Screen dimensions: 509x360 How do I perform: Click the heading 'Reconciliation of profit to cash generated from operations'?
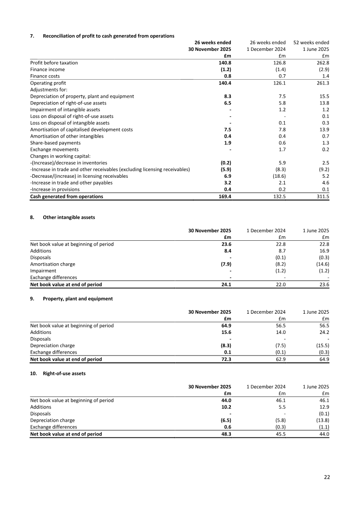click(108, 36)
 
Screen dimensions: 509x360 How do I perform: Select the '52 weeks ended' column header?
click(311, 42)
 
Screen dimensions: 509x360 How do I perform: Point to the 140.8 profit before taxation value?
click(225, 63)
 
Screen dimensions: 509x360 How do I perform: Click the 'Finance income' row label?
click(47, 70)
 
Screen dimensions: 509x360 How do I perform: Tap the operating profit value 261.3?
click(322, 83)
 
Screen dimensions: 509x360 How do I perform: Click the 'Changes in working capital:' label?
click(60, 156)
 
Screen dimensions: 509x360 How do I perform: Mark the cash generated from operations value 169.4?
click(224, 196)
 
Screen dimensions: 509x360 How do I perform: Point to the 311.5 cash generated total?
click(322, 196)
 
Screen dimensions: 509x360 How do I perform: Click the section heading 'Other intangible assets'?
click(69, 217)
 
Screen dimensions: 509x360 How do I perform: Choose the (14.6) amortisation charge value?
click(321, 264)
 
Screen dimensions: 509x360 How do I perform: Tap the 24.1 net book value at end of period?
click(225, 284)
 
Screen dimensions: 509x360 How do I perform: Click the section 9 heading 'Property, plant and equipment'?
click(77, 298)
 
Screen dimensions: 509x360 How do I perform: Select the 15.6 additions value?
click(225, 332)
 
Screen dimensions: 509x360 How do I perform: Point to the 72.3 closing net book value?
click(225, 359)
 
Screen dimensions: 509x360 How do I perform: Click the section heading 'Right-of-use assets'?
click(64, 373)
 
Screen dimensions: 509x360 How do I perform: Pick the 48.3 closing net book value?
click(225, 434)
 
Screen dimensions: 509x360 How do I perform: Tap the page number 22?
click(327, 477)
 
